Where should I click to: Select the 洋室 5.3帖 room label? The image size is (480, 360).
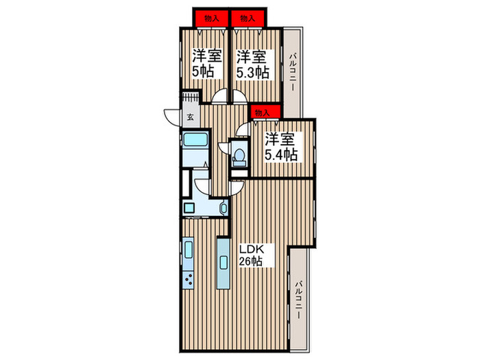(250, 64)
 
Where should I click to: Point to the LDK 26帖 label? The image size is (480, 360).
(250, 253)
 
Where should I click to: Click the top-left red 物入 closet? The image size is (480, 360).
(211, 19)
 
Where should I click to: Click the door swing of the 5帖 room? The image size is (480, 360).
(221, 97)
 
